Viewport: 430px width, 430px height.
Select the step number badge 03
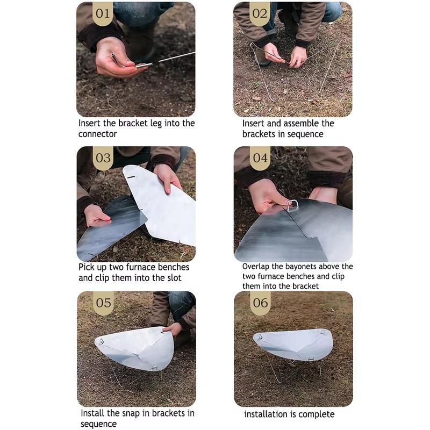click(x=103, y=158)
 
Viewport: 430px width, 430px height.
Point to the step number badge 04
click(x=260, y=158)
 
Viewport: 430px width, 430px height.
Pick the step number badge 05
click(x=103, y=303)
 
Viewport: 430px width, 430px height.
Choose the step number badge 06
click(x=260, y=303)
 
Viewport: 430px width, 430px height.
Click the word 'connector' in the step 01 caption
click(x=97, y=134)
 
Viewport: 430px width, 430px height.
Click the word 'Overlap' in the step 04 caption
click(x=256, y=267)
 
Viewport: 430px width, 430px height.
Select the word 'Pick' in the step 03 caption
click(x=86, y=267)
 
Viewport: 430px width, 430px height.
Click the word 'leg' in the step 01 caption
click(x=156, y=124)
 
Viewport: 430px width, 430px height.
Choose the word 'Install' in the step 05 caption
click(x=92, y=413)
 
